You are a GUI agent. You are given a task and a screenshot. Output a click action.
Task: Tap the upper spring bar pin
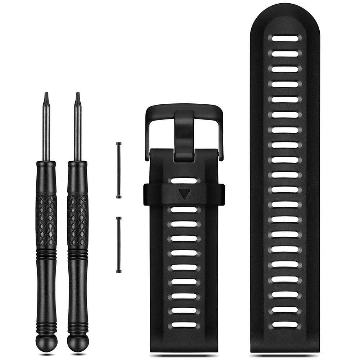pos(119,170)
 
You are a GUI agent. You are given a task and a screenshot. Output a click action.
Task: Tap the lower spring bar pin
pos(119,244)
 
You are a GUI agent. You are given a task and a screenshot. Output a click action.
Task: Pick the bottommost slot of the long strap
pos(285,324)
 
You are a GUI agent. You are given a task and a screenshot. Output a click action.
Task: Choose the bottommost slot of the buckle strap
pos(184,324)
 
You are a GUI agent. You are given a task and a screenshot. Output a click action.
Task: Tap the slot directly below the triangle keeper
pos(184,210)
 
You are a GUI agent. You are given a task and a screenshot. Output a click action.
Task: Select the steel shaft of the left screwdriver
pos(46,133)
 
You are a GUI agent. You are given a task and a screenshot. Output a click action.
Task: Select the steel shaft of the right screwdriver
pos(77,133)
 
